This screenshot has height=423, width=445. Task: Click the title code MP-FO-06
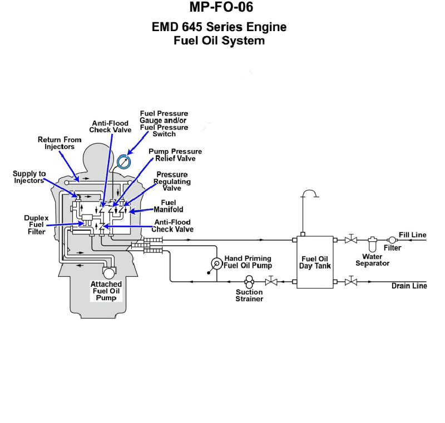(221, 7)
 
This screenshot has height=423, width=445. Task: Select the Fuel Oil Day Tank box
(315, 262)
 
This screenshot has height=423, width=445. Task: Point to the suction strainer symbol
(249, 282)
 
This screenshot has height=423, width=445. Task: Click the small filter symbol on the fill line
(392, 240)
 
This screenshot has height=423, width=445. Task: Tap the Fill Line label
(412, 235)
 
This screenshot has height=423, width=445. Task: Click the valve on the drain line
(351, 282)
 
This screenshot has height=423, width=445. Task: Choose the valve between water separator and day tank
(351, 240)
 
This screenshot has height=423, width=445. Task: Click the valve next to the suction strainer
(271, 282)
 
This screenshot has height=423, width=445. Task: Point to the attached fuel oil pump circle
(109, 273)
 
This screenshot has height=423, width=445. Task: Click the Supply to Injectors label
(29, 177)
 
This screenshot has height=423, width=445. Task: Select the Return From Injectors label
(60, 143)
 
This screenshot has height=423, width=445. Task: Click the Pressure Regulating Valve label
(174, 181)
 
